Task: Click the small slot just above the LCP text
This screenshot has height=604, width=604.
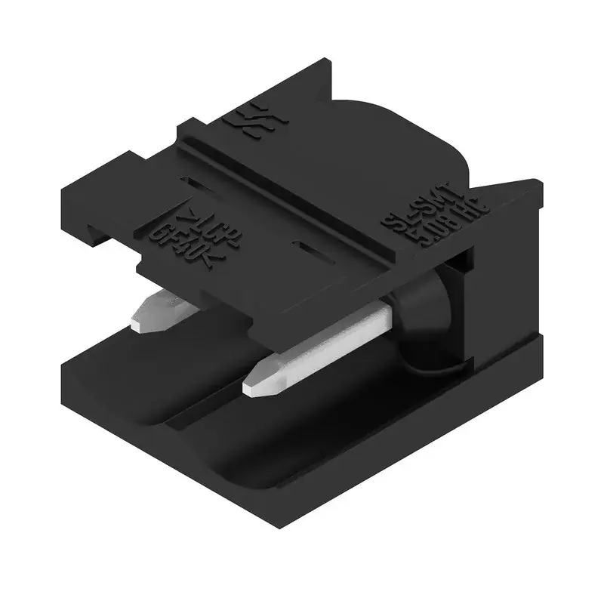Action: point(196,183)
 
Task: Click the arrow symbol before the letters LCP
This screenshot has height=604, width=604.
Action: point(193,219)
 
